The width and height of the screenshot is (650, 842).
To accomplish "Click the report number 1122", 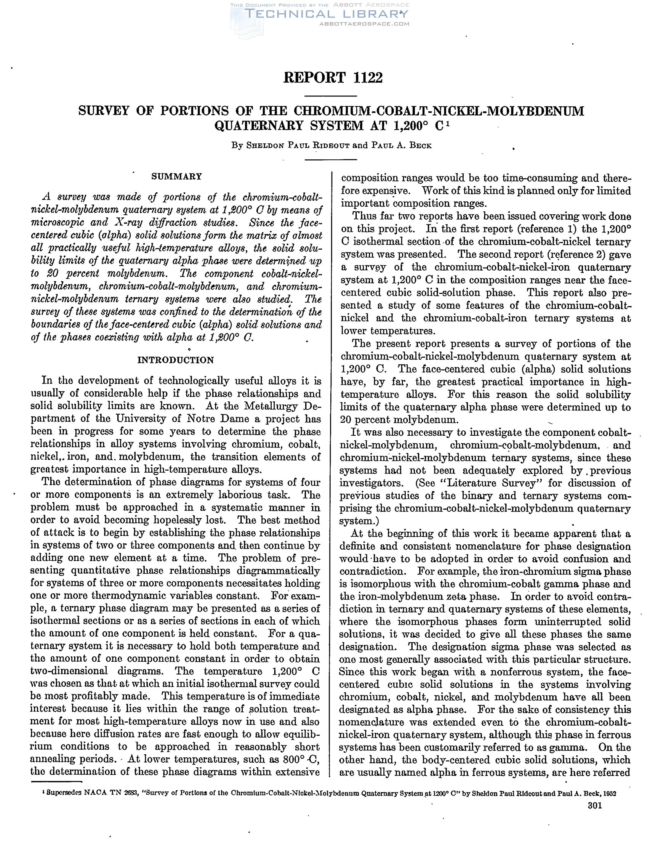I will click(x=368, y=78).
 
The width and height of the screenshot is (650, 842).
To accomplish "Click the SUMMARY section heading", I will click(x=176, y=176).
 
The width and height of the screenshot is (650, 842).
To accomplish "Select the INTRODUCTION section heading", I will click(x=176, y=360).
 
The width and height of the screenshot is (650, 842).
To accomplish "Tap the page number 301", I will click(x=595, y=805).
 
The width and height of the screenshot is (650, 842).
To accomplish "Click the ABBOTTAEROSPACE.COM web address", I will click(x=364, y=24).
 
